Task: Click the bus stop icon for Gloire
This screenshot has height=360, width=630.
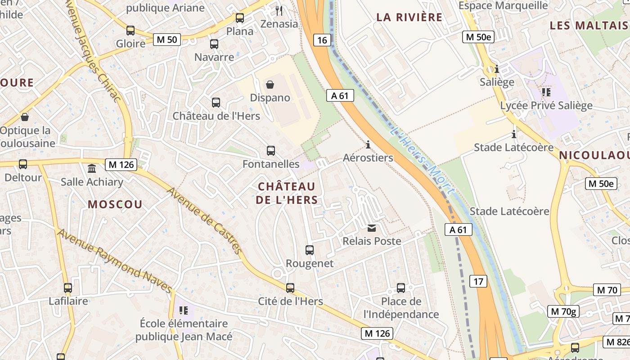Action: coord(130,31)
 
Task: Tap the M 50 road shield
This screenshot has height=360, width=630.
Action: coord(166,40)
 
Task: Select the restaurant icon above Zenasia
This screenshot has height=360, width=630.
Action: coord(279,10)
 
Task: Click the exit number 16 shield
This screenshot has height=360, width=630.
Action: coord(322,40)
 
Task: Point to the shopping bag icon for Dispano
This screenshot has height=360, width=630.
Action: coord(270,85)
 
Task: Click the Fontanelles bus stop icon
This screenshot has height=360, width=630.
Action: coord(271,151)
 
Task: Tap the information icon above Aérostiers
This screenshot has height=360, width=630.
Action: coord(368,144)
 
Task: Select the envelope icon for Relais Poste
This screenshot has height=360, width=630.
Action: coord(372,228)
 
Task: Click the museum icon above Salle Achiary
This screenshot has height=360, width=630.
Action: coord(92,168)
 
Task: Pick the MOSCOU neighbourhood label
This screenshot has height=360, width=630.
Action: coord(115,204)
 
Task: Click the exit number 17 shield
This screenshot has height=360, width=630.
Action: coord(478,282)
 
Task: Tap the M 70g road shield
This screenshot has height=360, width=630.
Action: coord(562,311)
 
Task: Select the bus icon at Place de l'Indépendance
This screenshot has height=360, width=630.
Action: coord(401,288)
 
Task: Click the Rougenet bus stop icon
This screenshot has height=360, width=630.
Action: coord(310,250)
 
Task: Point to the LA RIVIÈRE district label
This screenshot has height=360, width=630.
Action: coord(409,18)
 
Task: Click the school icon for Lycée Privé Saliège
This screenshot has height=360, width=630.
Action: coord(546,92)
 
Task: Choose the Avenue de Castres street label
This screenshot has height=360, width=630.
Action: coord(205,220)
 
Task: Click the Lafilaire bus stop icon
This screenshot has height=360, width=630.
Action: coord(68,288)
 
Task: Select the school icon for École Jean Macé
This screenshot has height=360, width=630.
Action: coord(184,310)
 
